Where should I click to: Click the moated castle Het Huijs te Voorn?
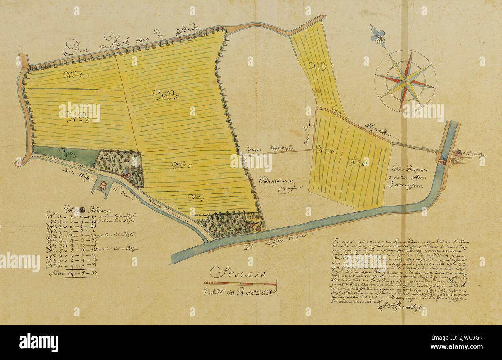(103, 186)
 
